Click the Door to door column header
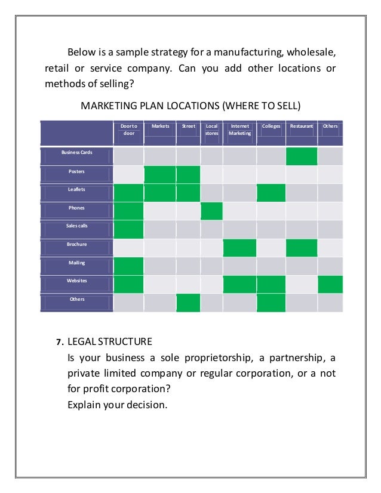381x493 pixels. coord(128,130)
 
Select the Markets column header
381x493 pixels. coord(160,127)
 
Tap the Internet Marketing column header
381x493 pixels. coord(239,130)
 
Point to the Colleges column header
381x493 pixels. coord(271,127)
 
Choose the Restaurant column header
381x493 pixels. coord(302,127)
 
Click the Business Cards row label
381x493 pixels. coord(76,153)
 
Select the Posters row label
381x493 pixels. coord(76,171)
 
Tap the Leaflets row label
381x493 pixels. coord(76,189)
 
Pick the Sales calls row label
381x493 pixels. coord(76,226)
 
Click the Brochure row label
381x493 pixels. coord(76,244)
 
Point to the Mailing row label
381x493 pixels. coord(76,263)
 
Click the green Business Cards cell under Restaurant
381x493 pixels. coord(302,156)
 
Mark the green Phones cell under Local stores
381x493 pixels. coord(211,211)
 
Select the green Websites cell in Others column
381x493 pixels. coord(330,284)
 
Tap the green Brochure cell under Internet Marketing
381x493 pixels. coord(239,248)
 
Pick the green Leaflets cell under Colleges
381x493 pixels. coord(271,193)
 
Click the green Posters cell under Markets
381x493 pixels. coord(160,175)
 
